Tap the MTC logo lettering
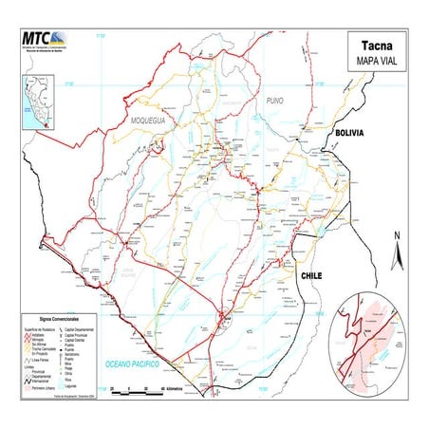coord(40,39)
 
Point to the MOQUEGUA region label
coord(149,121)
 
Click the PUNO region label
coord(275,100)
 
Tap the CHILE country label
coord(313,274)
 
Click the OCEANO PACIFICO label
coord(134,364)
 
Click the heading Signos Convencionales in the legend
coord(59,320)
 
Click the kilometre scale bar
coord(143,389)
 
